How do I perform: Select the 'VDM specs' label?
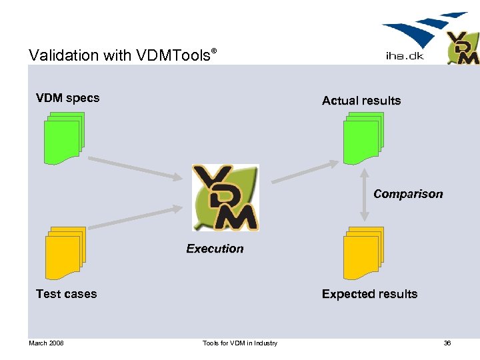pos(67,98)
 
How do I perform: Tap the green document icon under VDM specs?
pos(63,138)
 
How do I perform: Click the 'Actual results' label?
pos(361,101)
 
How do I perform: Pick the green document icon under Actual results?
pos(363,138)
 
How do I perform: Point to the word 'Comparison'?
pos(408,194)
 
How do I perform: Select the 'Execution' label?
pos(215,249)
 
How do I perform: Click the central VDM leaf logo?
pos(225,198)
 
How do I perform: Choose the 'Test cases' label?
pos(66,294)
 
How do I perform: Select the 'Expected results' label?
pos(369,294)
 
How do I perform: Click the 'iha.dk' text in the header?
pos(405,56)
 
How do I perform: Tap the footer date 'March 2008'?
pos(46,343)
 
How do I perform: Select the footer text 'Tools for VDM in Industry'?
pos(240,343)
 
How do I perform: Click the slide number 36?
pos(447,343)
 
